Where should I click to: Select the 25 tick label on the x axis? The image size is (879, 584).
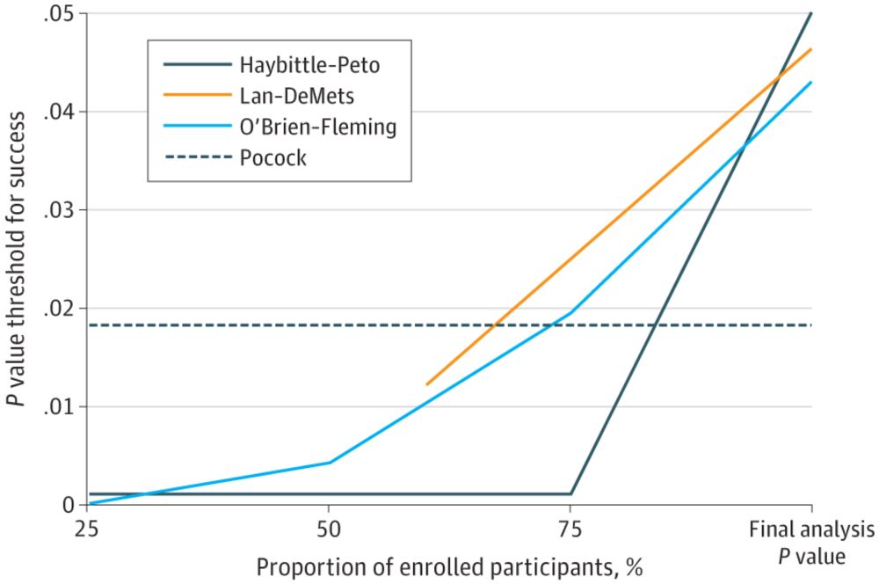(87, 530)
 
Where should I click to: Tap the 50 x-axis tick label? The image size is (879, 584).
(329, 530)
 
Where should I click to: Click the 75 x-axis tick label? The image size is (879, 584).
(570, 530)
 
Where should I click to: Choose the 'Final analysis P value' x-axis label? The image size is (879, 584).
(810, 543)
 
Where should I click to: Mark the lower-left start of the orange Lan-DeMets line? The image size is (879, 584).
(426, 384)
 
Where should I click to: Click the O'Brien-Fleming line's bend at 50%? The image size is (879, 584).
(329, 462)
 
